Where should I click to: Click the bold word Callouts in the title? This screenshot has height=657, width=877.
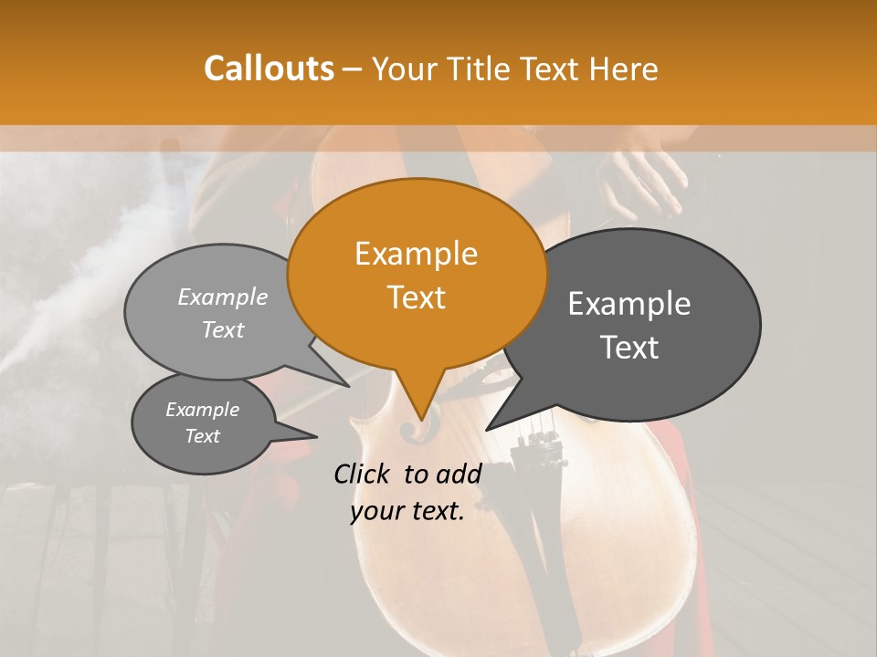pos(269,68)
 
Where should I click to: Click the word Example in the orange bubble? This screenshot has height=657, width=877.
pos(417,254)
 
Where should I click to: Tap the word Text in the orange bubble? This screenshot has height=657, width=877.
pos(417,297)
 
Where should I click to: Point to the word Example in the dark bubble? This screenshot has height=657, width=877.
pos(629,304)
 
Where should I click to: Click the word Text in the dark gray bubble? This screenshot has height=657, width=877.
pos(629,348)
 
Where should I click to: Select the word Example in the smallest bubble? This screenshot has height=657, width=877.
pos(203,410)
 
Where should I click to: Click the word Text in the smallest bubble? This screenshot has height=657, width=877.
pos(203,436)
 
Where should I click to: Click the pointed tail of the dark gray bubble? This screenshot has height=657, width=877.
pos(490,427)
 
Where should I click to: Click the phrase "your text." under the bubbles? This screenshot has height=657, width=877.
pos(407,512)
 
